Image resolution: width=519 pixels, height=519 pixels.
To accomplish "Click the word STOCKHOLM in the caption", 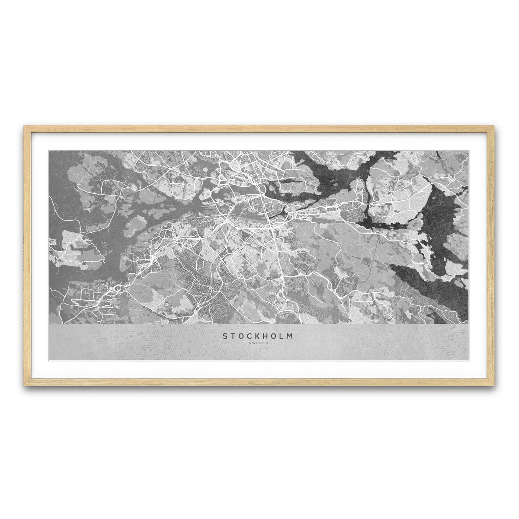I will (258, 336).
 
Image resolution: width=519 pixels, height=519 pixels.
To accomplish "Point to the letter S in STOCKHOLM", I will (225, 336).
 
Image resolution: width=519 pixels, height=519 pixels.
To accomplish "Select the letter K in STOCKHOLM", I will (258, 336).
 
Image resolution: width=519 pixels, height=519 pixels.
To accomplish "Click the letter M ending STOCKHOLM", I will (290, 336).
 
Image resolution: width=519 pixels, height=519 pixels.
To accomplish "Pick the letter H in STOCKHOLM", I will (266, 336).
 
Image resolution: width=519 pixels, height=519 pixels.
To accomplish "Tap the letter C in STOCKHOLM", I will (250, 336).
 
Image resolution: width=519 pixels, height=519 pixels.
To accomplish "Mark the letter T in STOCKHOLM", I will (233, 336).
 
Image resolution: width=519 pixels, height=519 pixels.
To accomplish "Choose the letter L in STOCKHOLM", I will (282, 336).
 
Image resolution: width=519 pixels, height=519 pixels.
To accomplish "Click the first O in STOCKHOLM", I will (241, 336).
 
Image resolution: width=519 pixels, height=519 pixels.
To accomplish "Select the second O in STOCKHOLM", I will (274, 336).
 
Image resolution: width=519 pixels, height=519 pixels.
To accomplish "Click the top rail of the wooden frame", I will (259, 128).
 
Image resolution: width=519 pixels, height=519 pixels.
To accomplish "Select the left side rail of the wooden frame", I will (28, 255).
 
